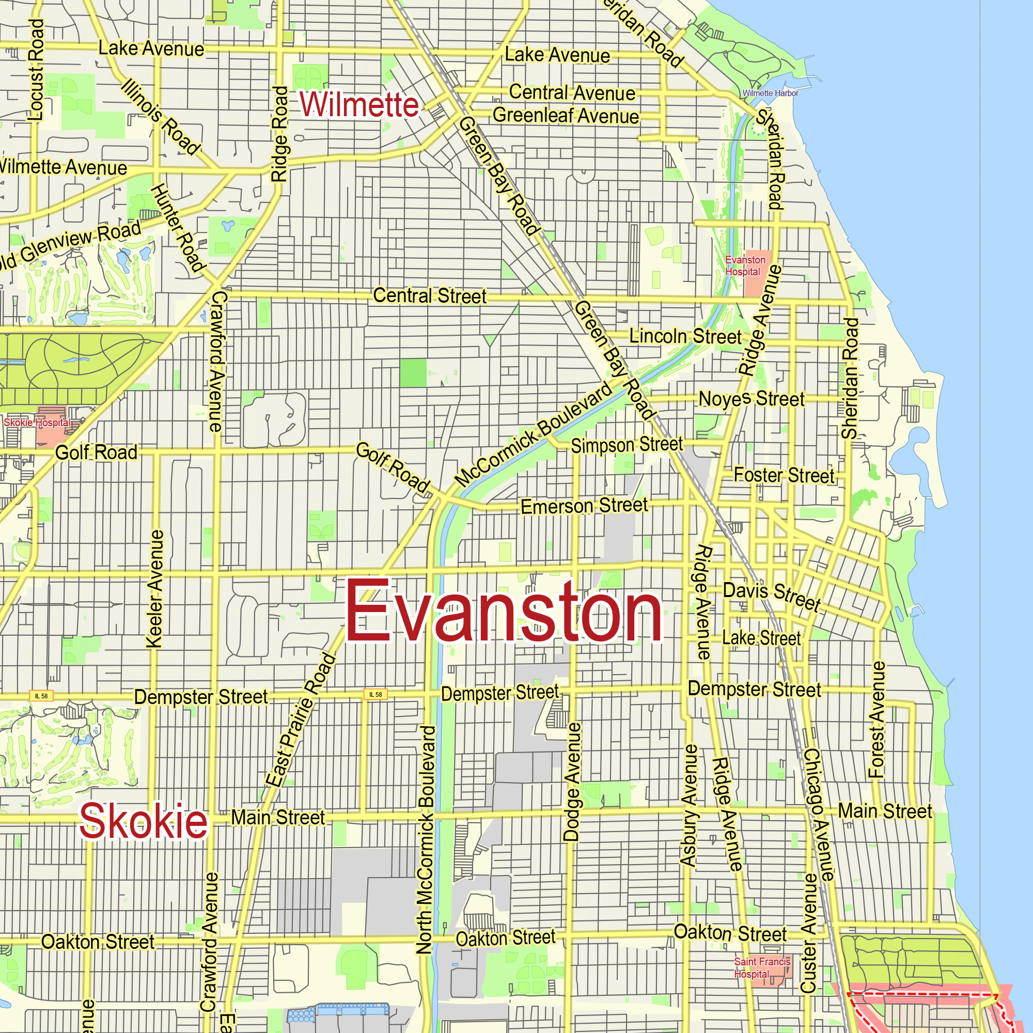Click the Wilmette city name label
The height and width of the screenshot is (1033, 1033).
pyautogui.click(x=359, y=104)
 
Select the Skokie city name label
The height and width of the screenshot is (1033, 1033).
pyautogui.click(x=143, y=821)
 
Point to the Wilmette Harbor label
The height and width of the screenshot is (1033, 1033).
pyautogui.click(x=770, y=93)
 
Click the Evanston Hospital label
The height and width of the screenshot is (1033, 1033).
pyautogui.click(x=745, y=265)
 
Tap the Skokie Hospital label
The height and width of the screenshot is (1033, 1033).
pyautogui.click(x=36, y=422)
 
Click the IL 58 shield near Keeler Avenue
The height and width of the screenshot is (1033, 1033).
pyautogui.click(x=41, y=696)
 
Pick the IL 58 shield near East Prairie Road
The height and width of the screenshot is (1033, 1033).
pyautogui.click(x=376, y=695)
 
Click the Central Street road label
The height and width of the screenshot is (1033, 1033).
pyautogui.click(x=429, y=295)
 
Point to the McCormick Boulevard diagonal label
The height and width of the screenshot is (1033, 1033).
pyautogui.click(x=533, y=434)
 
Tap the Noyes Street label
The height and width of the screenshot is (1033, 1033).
pyautogui.click(x=751, y=399)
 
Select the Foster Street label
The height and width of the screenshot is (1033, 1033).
pyautogui.click(x=784, y=475)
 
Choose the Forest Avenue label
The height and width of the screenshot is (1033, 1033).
pyautogui.click(x=877, y=719)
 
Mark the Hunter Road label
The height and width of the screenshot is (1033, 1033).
pyautogui.click(x=178, y=228)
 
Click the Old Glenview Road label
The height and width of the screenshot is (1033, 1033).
pyautogui.click(x=70, y=244)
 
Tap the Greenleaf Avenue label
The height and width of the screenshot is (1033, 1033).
pyautogui.click(x=566, y=116)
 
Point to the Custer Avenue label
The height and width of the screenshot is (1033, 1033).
pyautogui.click(x=809, y=933)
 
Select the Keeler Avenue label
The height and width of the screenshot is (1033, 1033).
pyautogui.click(x=154, y=589)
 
